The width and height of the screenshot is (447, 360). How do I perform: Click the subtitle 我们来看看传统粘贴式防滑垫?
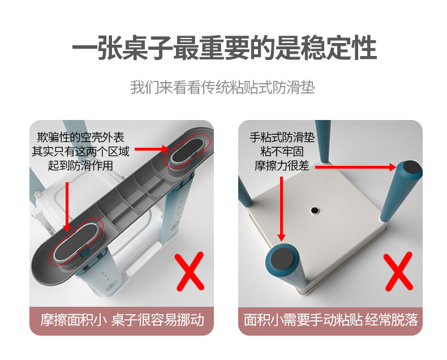click(223, 88)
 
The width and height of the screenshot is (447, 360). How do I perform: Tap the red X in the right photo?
click(398, 271)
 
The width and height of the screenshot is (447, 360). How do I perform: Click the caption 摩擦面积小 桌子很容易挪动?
click(122, 320)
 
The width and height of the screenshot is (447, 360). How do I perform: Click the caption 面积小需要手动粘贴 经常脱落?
click(330, 320)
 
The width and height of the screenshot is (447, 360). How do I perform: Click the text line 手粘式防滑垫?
click(282, 138)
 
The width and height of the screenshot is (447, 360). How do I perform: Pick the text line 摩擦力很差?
click(282, 166)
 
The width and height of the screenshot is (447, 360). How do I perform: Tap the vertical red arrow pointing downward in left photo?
click(67, 207)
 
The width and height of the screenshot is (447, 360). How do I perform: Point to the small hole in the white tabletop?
click(315, 210)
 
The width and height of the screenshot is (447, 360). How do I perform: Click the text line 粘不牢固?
click(282, 152)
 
